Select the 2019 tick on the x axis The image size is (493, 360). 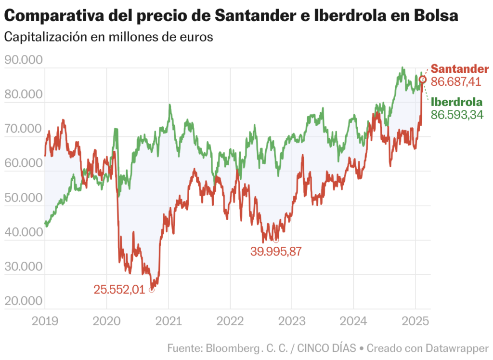(x=45, y=321)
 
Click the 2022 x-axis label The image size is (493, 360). (x=230, y=321)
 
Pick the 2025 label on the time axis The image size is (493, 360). (x=415, y=321)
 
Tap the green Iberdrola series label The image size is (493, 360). (x=456, y=102)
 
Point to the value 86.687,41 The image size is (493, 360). (x=456, y=81)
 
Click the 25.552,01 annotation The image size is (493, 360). (x=119, y=290)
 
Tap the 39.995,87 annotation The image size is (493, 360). (x=276, y=251)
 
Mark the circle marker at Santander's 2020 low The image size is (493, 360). (x=152, y=290)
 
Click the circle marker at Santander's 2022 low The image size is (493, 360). (x=276, y=240)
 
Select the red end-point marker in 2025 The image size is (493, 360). (x=422, y=79)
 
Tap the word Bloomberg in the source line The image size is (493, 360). (x=233, y=348)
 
